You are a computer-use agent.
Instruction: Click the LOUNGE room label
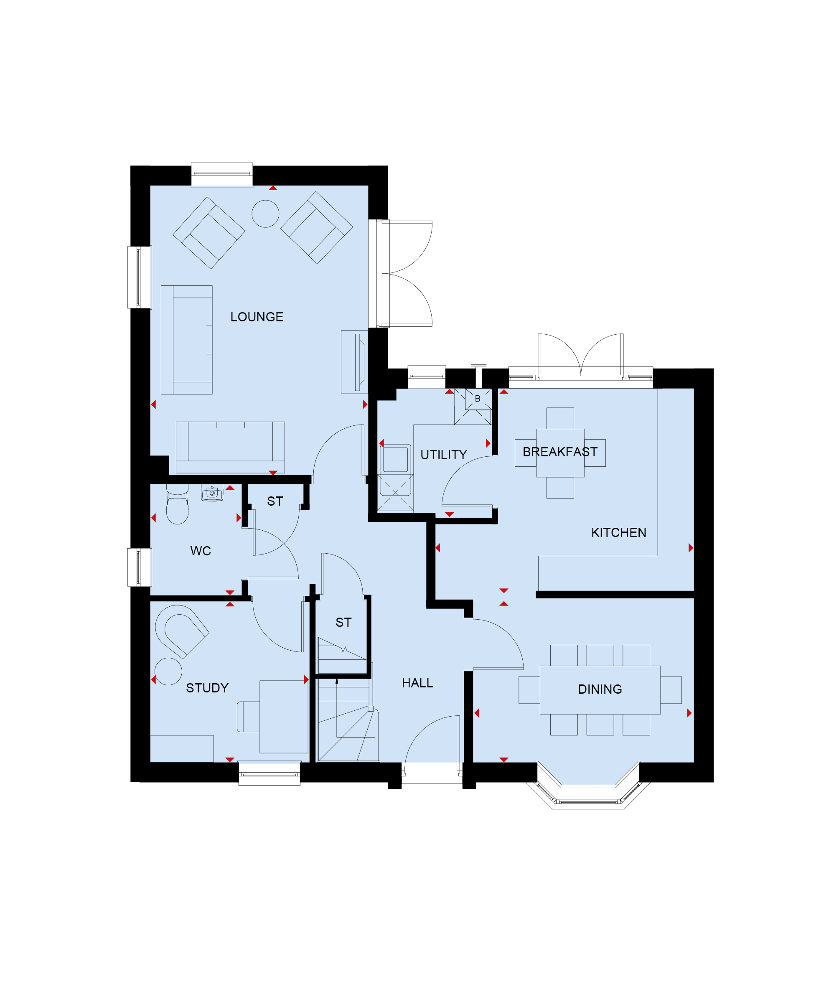pos(257,317)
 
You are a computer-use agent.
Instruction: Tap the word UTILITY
pos(444,455)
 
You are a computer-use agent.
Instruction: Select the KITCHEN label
pos(619,533)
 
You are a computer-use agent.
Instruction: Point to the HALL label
pos(417,684)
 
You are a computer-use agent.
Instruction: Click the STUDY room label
pos(207,688)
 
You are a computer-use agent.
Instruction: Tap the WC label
pos(201,551)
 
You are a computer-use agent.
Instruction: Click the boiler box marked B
pos(478,399)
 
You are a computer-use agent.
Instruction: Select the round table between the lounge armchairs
pos(265,214)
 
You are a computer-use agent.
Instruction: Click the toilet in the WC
pos(178,504)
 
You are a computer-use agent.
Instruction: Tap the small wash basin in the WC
pos(212,493)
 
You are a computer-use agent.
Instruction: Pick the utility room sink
pos(396,458)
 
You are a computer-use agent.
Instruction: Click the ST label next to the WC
pos(275,501)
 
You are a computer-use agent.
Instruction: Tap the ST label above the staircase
pos(343,623)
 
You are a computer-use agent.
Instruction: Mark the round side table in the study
pos(168,672)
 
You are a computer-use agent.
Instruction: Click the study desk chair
pos(248,717)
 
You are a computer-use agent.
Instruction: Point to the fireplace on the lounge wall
pos(355,362)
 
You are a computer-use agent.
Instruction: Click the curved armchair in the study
pos(181,631)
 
